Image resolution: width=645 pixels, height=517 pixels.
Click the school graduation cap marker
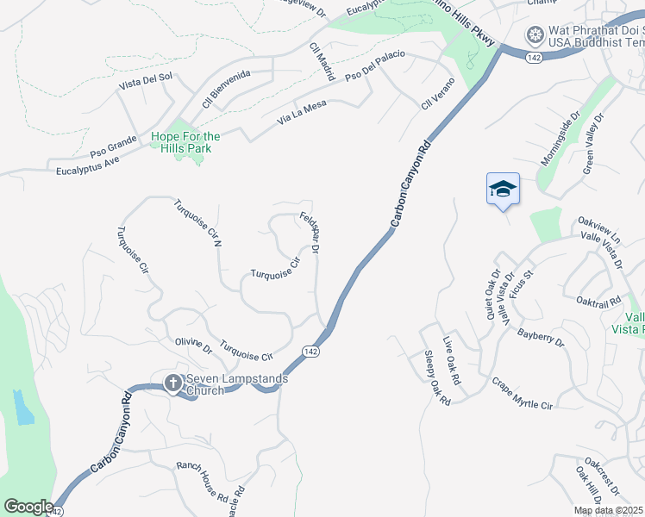[x=503, y=189]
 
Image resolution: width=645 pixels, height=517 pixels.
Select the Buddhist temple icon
[x=535, y=35]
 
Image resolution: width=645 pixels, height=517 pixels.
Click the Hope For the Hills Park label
[x=185, y=142]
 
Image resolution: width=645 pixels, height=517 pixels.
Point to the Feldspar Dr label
[x=310, y=233]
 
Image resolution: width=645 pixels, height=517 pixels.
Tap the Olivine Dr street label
[x=193, y=346]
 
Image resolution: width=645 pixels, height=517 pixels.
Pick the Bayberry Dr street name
[x=541, y=337]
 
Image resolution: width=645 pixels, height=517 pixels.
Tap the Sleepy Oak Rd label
[x=438, y=377]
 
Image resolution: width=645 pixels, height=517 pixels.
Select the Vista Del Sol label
[x=146, y=83]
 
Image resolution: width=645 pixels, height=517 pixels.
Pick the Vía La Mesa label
[x=301, y=113]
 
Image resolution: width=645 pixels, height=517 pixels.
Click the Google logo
[x=28, y=507]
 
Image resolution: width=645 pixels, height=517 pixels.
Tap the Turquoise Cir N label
[x=198, y=223]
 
